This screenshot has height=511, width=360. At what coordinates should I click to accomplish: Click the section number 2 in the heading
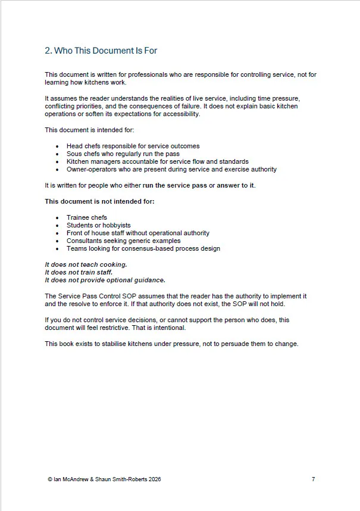pyautogui.click(x=48, y=51)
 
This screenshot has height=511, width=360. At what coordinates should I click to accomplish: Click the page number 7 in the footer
pyautogui.click(x=314, y=479)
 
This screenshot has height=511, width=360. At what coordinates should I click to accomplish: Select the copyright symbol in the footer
pyautogui.click(x=48, y=479)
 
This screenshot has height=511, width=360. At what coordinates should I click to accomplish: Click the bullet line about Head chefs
pyautogui.click(x=133, y=146)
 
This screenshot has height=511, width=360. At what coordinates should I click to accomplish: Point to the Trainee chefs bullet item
pyautogui.click(x=87, y=217)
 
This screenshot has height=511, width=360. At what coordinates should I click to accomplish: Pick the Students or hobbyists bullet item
pyautogui.click(x=98, y=225)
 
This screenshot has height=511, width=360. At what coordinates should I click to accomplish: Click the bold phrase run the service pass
pyautogui.click(x=175, y=185)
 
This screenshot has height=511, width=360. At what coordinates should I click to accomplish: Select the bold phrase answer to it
pyautogui.click(x=236, y=185)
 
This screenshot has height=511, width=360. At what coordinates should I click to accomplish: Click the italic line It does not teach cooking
pyautogui.click(x=86, y=264)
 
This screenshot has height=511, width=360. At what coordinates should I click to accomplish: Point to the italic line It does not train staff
pyautogui.click(x=79, y=272)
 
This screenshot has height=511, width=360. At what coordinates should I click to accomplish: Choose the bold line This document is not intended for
pyautogui.click(x=99, y=201)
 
